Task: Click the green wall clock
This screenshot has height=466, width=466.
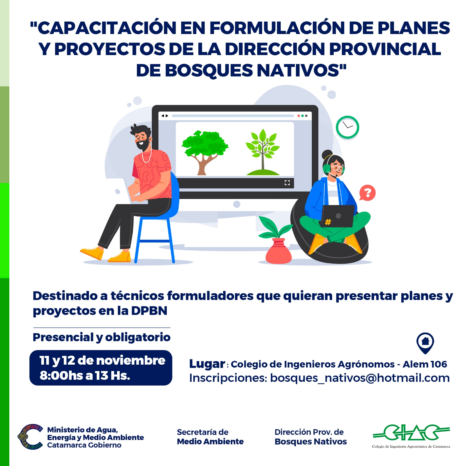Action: pos(347,127)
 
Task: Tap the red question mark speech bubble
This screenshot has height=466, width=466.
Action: pos(368,193)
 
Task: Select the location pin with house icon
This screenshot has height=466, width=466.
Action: pos(425,343)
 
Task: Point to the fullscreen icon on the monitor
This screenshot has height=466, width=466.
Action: pos(287,183)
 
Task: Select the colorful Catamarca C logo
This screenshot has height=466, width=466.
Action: pos(30,437)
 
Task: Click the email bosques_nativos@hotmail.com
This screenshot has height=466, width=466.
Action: pos(360,378)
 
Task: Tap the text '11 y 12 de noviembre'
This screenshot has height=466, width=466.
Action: pos(102,360)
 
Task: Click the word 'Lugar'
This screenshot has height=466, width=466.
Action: pos(207,364)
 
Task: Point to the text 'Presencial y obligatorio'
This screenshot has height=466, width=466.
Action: pos(101,337)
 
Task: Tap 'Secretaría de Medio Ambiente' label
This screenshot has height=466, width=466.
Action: pos(210,437)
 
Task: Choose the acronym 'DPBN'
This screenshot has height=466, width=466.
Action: pos(149,311)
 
